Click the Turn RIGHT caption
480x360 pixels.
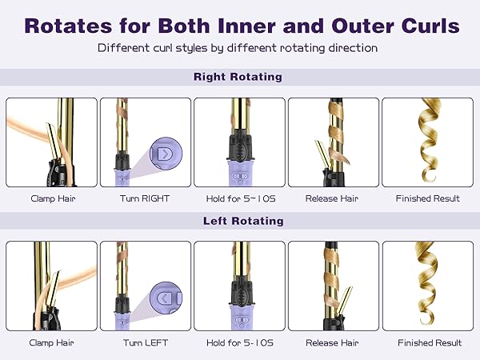146,198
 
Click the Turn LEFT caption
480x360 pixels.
146,342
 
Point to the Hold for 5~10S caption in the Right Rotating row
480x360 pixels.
239,198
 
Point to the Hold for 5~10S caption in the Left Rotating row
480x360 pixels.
239,342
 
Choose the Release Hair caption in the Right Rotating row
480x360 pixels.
334,198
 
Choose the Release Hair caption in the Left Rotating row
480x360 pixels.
334,342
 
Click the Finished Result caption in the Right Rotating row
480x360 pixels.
428,198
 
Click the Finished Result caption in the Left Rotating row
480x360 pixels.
428,342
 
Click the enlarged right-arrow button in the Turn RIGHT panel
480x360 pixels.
164,153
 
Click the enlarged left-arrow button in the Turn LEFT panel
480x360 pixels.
164,298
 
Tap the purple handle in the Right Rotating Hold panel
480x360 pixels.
239,174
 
